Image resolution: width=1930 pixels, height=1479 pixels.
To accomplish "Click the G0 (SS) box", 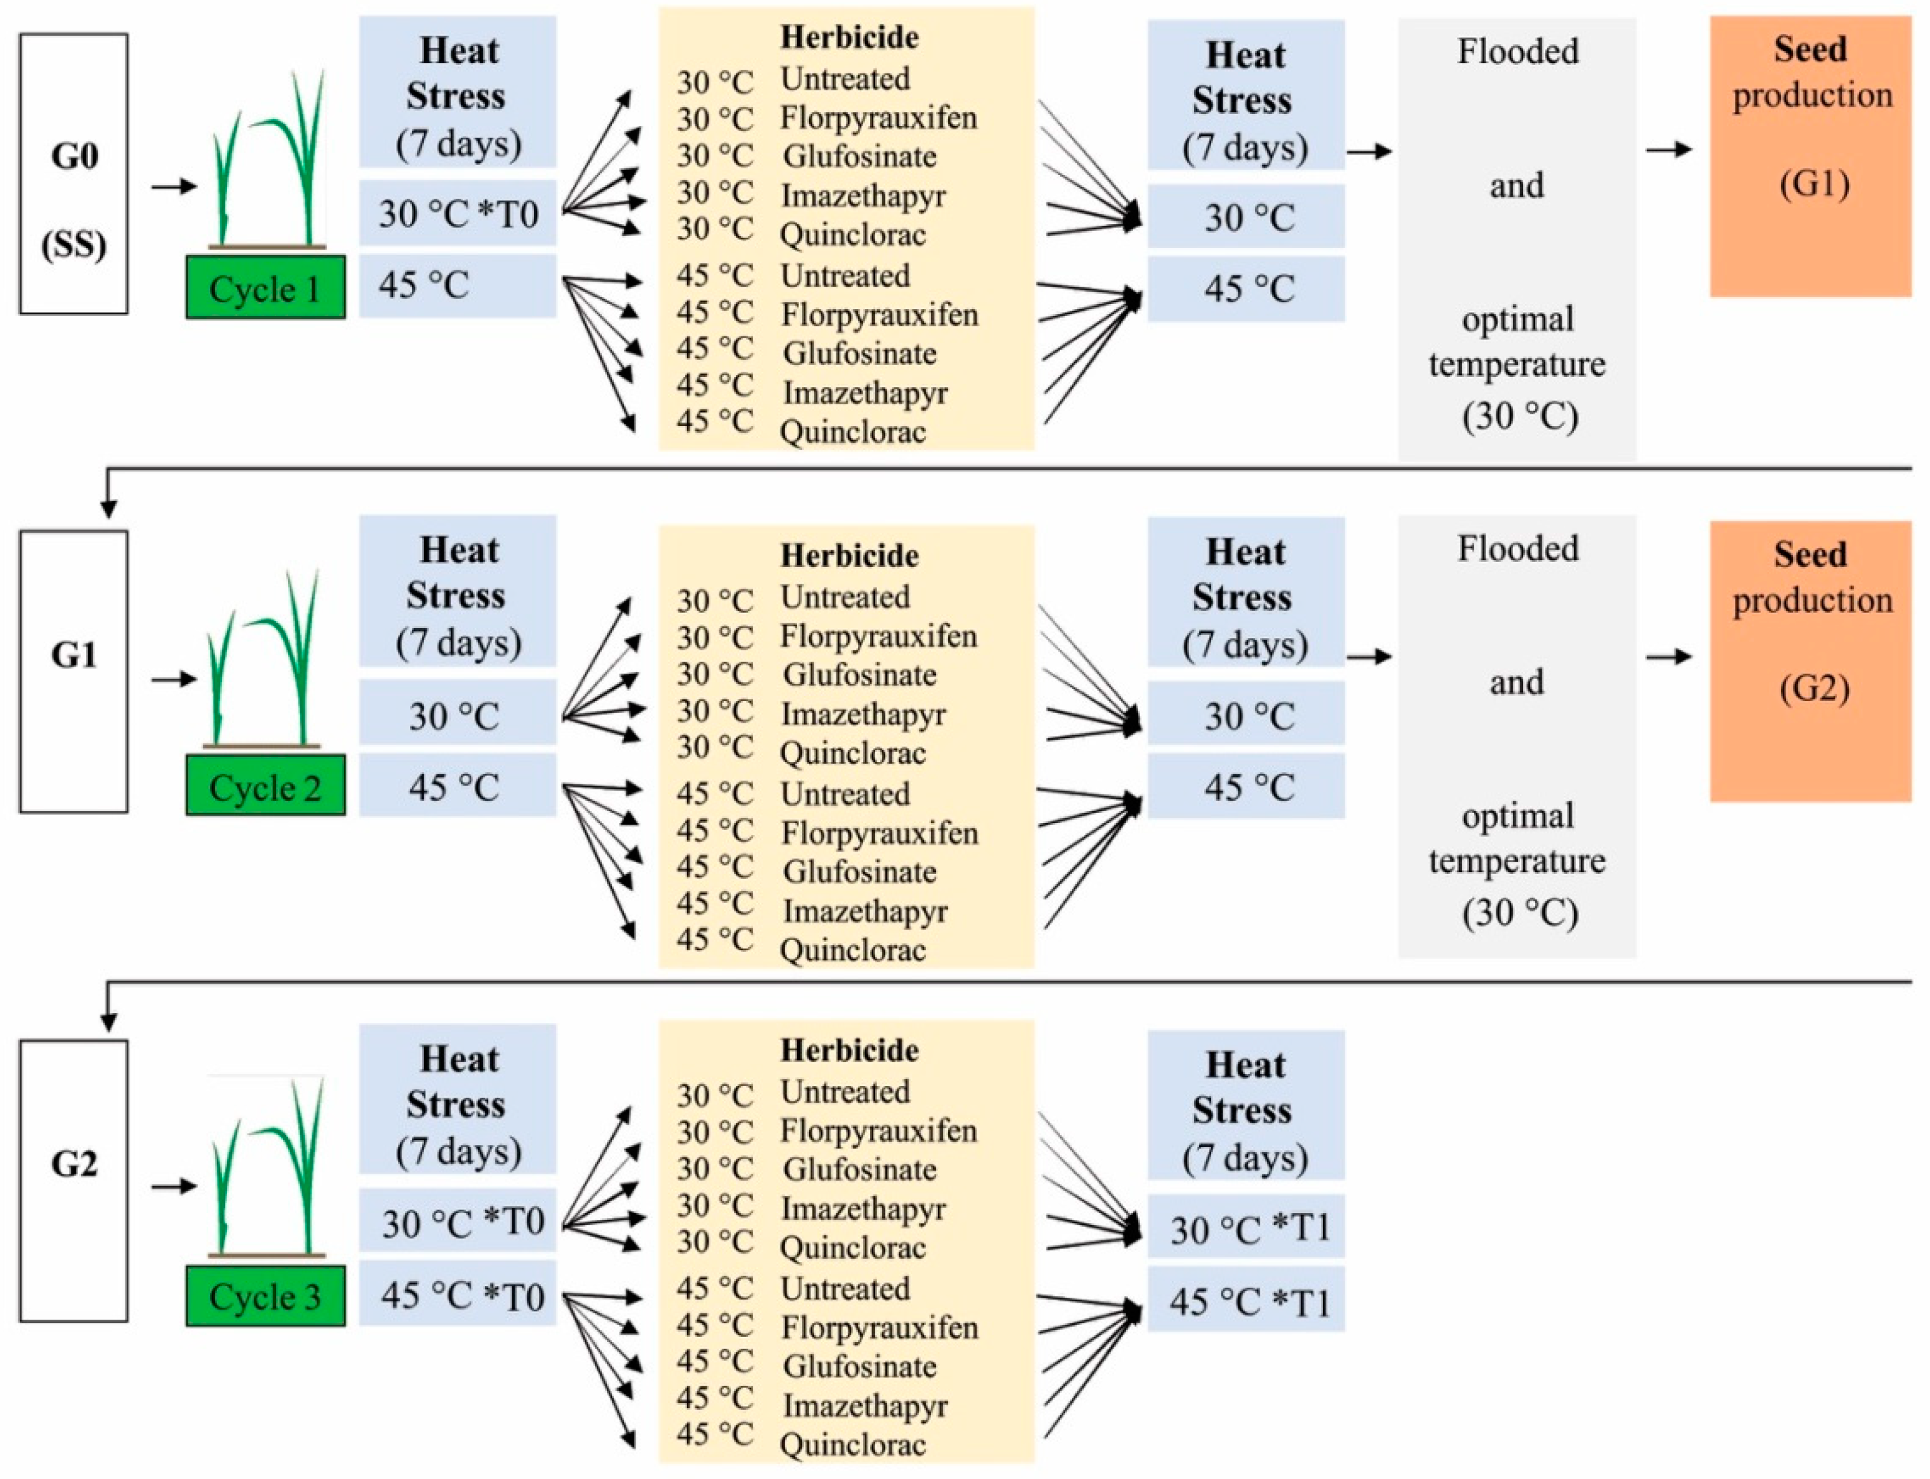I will (74, 173).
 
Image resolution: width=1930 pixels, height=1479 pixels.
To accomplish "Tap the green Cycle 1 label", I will (265, 288).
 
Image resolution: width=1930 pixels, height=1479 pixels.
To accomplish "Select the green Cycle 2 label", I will (265, 785).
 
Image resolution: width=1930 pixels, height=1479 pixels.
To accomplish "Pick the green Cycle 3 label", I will (265, 1295).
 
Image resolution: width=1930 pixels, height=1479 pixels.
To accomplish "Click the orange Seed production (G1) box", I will (1810, 157).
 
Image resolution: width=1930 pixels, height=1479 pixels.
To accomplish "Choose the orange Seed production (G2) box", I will (1810, 660).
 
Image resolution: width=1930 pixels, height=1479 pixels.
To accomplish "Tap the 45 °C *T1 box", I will (1246, 1300).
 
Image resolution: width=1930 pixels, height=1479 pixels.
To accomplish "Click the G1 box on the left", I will (74, 671).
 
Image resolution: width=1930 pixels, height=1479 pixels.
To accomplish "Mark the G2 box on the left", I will (74, 1180).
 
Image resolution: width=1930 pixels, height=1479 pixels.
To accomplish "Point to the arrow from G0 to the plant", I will (173, 187).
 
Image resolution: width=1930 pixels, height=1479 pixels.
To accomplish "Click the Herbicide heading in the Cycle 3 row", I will (849, 1050).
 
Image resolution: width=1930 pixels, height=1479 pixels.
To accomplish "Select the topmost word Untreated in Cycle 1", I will (845, 79).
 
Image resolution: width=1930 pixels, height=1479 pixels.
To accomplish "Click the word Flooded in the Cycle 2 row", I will (1517, 548).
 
